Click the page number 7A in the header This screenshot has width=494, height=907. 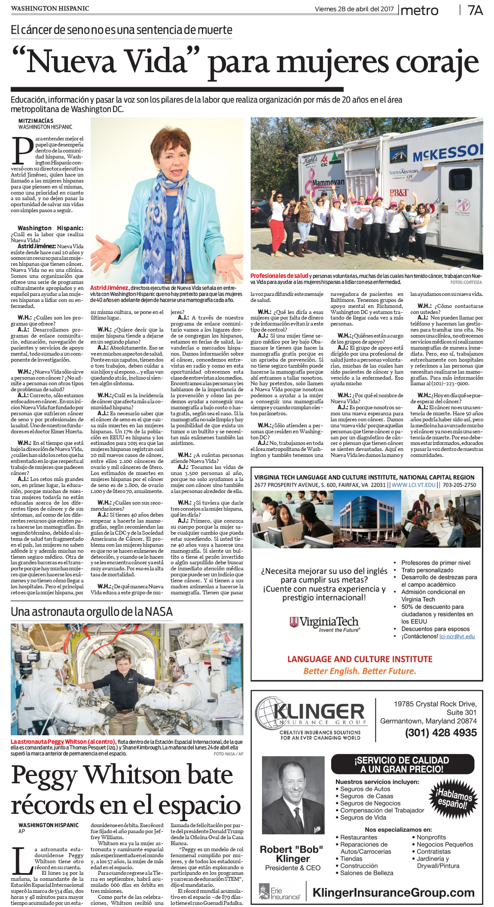point(475,10)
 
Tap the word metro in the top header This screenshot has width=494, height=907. point(419,10)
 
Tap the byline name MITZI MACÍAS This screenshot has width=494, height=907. point(36,121)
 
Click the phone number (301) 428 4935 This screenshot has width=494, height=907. point(441,732)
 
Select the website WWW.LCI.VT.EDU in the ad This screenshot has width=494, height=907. point(413,485)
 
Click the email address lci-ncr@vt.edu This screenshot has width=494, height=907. point(457,636)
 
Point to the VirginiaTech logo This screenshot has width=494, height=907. point(324,623)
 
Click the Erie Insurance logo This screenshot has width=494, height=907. point(280,892)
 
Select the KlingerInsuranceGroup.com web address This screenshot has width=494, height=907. point(393,892)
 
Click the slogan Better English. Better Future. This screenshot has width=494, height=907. point(360,671)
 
